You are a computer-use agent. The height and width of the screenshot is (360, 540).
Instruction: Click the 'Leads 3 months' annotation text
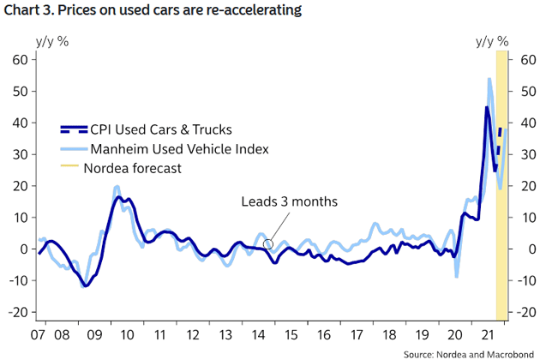pyautogui.click(x=289, y=201)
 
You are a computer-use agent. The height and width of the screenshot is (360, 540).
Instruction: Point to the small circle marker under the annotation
pyautogui.click(x=268, y=244)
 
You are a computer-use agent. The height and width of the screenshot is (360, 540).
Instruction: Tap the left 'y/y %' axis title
pyautogui.click(x=52, y=40)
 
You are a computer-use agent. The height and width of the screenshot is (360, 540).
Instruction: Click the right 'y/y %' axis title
pyautogui.click(x=491, y=40)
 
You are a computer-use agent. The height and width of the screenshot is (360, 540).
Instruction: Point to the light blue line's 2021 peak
pyautogui.click(x=489, y=80)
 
